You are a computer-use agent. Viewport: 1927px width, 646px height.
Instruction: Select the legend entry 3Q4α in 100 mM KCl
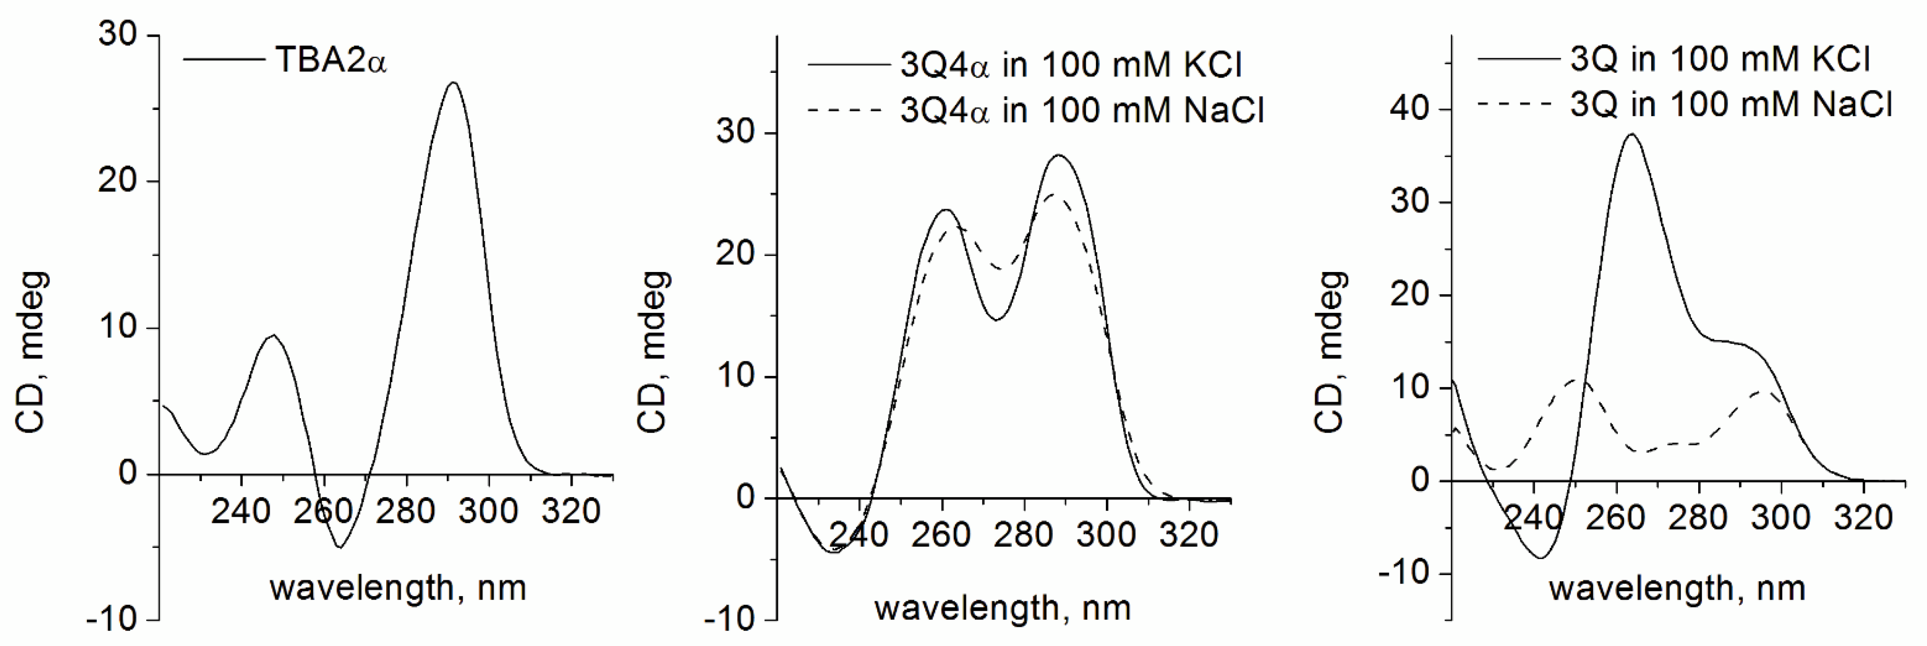click(x=1071, y=66)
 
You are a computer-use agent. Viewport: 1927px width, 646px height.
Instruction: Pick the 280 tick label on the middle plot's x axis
click(x=1023, y=535)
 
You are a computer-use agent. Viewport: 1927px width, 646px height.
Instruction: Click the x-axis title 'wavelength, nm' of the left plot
click(x=398, y=588)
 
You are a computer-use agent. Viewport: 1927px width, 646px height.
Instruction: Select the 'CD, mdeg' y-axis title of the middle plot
click(x=653, y=352)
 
